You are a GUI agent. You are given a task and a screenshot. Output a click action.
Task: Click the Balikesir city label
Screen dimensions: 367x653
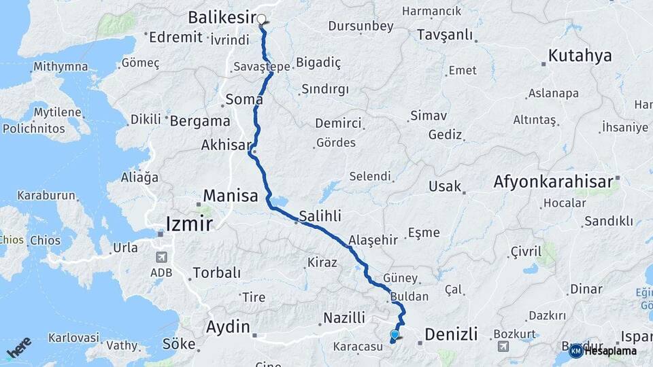pos(221,17)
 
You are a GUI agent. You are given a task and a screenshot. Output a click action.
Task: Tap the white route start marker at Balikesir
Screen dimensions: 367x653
pos(261,19)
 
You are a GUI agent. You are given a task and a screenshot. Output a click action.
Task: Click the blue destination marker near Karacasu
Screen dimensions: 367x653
pos(395,334)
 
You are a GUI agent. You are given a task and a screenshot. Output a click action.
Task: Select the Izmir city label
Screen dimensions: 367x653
pos(190,223)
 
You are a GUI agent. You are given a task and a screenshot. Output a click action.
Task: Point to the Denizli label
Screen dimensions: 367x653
pos(451,334)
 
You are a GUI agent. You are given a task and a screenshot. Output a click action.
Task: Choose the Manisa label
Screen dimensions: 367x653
pos(229,196)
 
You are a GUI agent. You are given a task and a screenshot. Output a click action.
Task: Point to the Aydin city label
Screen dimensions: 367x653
pos(228,326)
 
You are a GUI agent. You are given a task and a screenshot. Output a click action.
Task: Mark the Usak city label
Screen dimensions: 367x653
pos(446,186)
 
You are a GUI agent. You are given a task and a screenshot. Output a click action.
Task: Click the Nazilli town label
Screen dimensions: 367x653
pos(344,317)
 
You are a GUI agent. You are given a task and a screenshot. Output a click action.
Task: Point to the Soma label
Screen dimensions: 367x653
pos(244,99)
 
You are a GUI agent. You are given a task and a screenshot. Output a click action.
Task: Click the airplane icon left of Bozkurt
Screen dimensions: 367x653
pos(503,346)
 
